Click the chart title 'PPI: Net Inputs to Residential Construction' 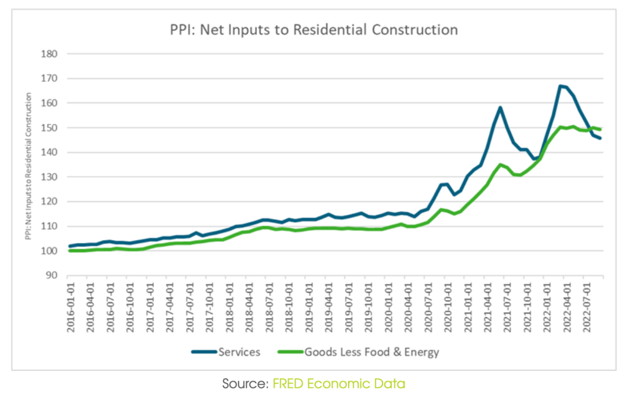[x=313, y=29]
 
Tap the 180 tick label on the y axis [x=49, y=54]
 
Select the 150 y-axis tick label [x=49, y=128]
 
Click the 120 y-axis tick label [x=49, y=202]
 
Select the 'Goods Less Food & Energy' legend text [x=371, y=352]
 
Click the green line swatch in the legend [x=290, y=352]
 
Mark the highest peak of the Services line [x=560, y=86]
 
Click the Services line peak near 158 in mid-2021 [x=500, y=107]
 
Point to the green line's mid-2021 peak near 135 [x=500, y=165]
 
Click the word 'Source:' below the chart [x=245, y=384]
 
